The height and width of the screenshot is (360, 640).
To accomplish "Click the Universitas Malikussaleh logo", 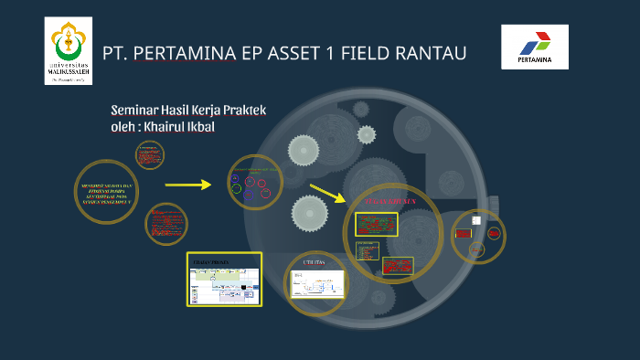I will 69,51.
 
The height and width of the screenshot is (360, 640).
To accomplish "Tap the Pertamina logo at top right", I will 535,48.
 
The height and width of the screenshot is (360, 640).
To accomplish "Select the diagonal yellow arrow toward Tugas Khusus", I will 327,193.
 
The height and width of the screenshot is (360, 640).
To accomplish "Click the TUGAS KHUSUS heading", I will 390,198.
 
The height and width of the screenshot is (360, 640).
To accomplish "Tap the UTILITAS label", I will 315,262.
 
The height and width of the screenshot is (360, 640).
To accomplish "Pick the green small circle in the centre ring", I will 237,189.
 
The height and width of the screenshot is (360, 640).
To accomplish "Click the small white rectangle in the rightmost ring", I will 475,220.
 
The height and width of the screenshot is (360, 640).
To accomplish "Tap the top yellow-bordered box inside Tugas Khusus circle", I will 376,224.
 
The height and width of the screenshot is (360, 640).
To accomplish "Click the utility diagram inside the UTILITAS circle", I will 315,284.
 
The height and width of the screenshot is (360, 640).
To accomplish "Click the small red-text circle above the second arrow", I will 150,156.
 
